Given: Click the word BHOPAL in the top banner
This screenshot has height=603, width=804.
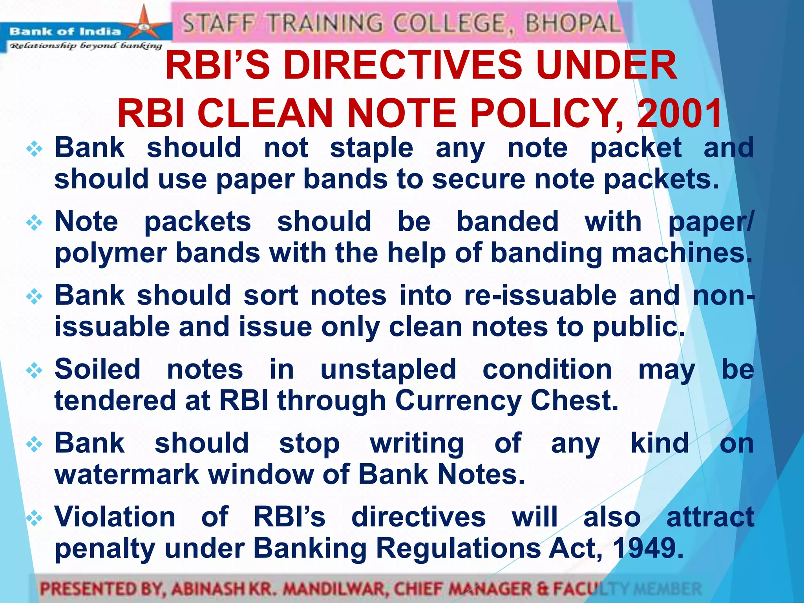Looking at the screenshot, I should pyautogui.click(x=573, y=23).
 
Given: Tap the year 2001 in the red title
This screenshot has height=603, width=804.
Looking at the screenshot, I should pyautogui.click(x=679, y=113).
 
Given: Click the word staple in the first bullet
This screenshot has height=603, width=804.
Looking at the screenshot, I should pyautogui.click(x=371, y=148).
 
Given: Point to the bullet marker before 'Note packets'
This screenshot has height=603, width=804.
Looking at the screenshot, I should pyautogui.click(x=34, y=223).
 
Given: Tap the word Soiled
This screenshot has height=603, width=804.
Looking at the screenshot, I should pyautogui.click(x=97, y=369).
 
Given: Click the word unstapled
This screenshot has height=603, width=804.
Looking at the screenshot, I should pyautogui.click(x=388, y=370).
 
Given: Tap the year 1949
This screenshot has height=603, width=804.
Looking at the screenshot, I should pyautogui.click(x=648, y=548).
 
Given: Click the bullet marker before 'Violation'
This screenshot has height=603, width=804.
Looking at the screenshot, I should pyautogui.click(x=34, y=518).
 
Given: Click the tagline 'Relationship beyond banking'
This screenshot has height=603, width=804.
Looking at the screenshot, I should pyautogui.click(x=86, y=46).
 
